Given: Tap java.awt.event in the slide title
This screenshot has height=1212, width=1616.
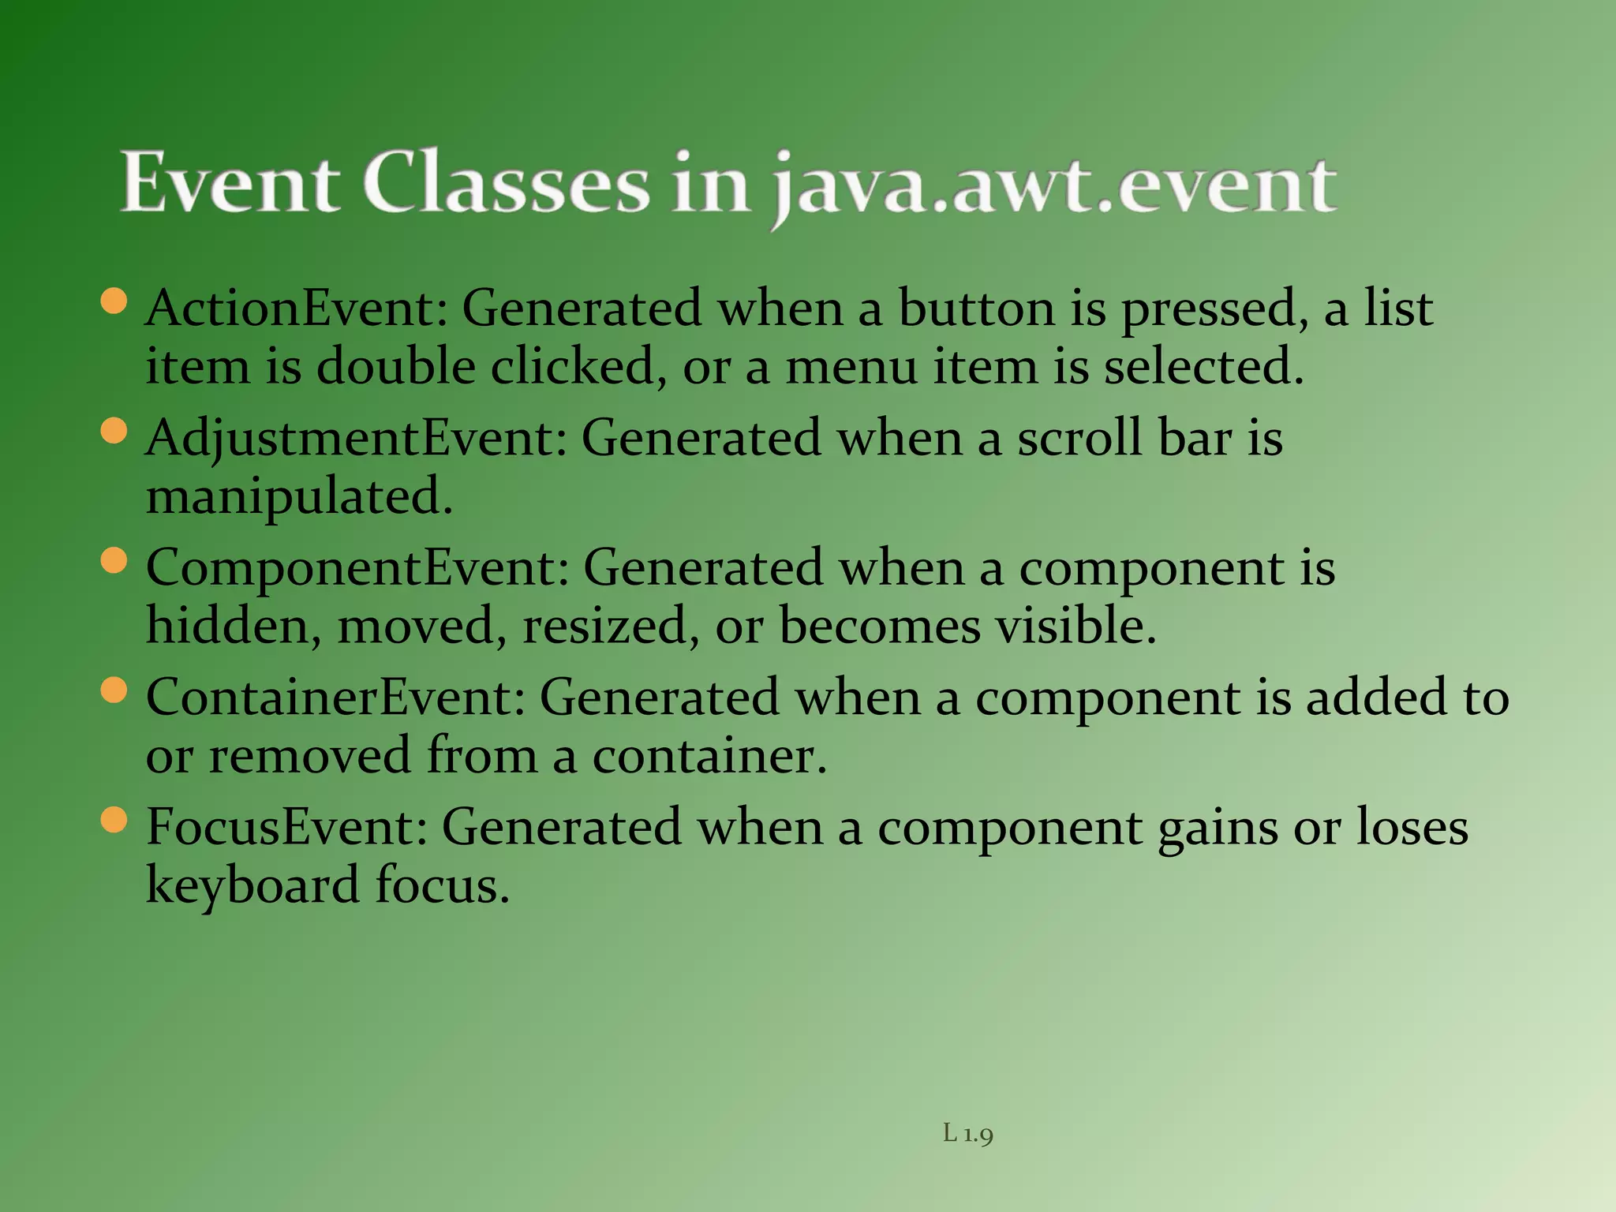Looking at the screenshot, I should [x=1053, y=186].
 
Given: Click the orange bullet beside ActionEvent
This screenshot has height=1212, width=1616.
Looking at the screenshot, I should [x=114, y=301].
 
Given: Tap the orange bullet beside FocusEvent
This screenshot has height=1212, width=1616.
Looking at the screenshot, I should [x=114, y=821].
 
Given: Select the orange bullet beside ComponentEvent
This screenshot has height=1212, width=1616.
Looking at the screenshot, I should [x=114, y=561].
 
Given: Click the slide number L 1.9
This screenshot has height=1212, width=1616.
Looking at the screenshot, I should [x=968, y=1134].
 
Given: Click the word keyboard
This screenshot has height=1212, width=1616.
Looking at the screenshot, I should [x=252, y=885].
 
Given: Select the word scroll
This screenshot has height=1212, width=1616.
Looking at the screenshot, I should [x=1079, y=438].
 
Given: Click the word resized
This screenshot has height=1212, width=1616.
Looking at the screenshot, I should [x=610, y=627].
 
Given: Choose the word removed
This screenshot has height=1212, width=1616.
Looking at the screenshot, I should [x=309, y=756].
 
